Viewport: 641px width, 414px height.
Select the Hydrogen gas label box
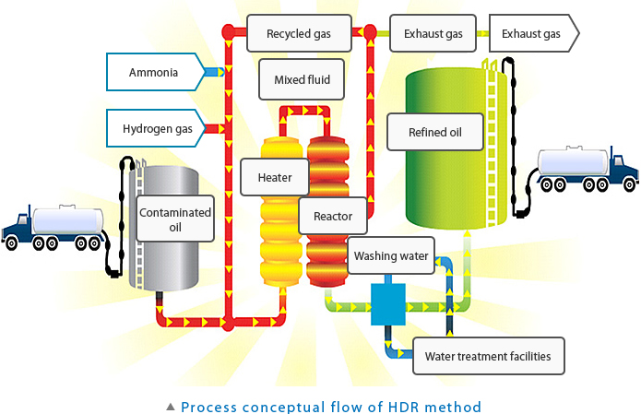click(x=158, y=129)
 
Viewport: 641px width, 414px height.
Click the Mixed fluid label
click(x=302, y=79)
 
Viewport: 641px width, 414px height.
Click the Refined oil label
click(x=433, y=132)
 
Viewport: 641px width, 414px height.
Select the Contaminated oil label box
click(x=175, y=219)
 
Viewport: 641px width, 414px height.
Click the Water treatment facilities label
click(x=487, y=356)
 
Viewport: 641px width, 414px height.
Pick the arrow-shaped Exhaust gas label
click(x=531, y=34)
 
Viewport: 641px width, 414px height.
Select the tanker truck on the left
click(x=54, y=227)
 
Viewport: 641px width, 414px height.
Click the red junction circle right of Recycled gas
click(x=369, y=34)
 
